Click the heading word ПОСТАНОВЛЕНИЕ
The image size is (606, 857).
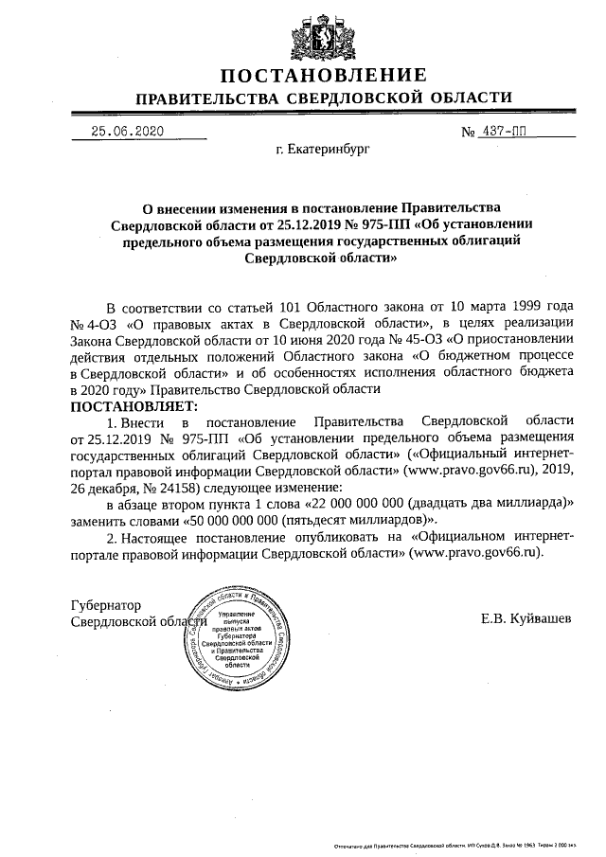point(325,76)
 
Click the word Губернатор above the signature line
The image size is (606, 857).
point(105,604)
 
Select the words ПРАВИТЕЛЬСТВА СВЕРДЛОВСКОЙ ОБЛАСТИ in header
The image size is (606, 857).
point(325,98)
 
